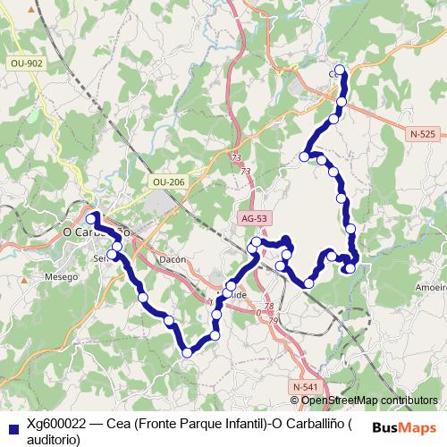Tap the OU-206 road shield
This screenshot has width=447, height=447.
(168, 182)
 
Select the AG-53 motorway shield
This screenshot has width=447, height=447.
(255, 218)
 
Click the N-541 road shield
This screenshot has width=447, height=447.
(304, 385)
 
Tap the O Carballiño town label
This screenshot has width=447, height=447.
(97, 232)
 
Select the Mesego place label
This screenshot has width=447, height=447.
(62, 276)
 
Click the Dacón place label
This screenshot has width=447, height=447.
(171, 258)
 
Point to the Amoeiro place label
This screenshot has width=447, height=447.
(431, 289)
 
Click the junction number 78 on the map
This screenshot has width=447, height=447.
(243, 307)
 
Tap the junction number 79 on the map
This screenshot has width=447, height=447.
(274, 321)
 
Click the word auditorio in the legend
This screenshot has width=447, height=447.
(54, 439)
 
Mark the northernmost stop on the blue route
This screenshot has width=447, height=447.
(340, 70)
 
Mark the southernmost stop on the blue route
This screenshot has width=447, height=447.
(187, 353)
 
